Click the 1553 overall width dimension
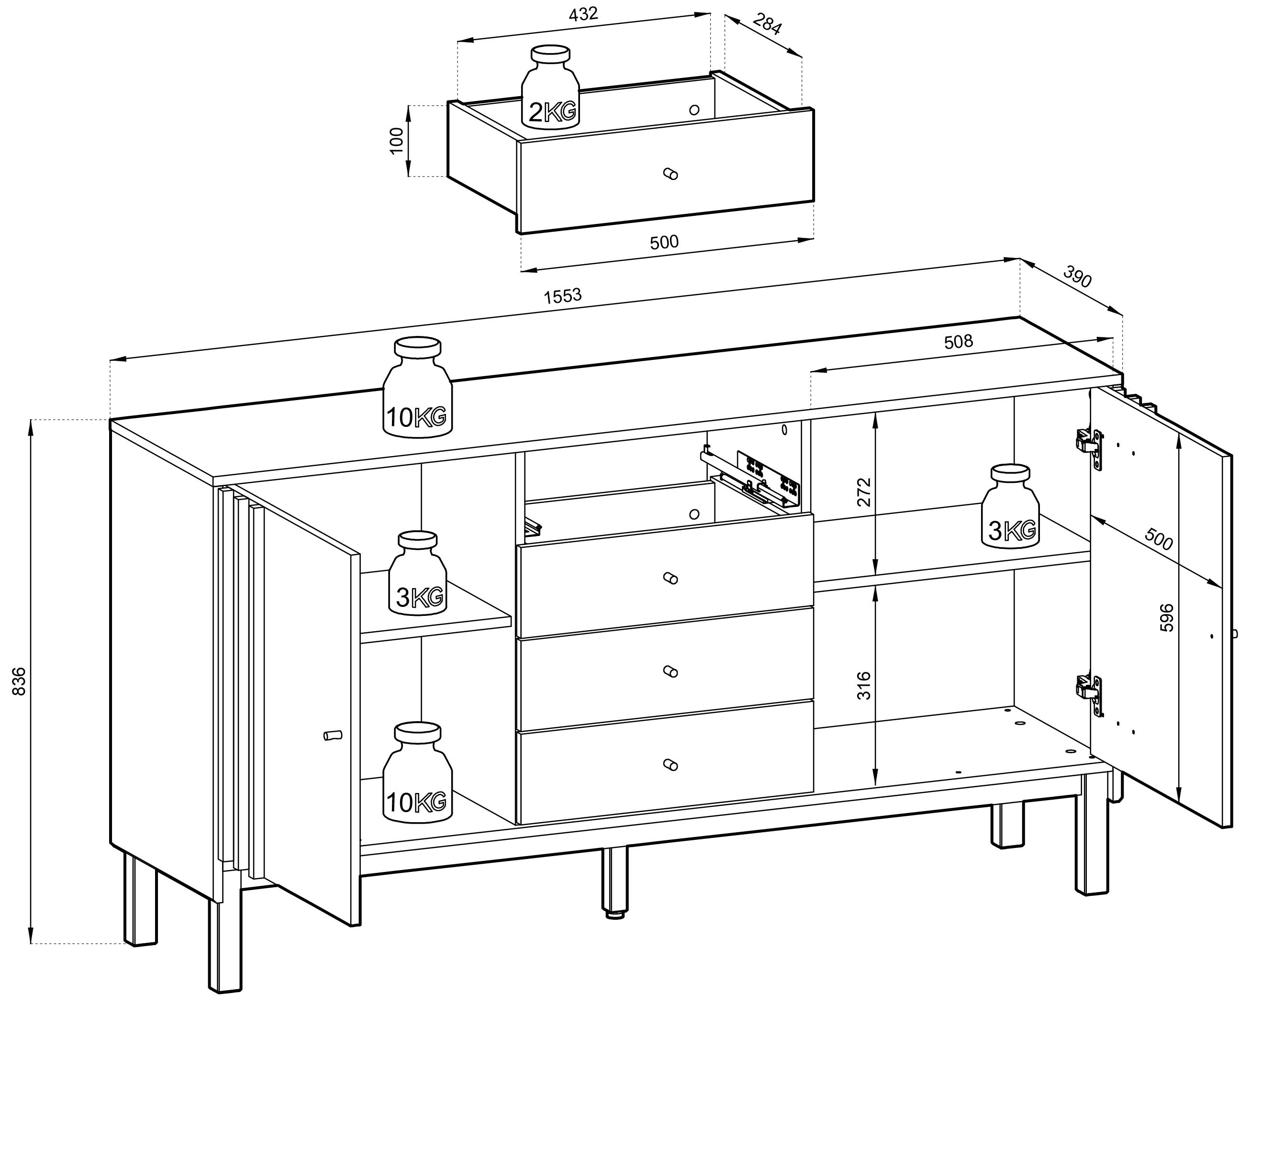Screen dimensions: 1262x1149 tap(563, 295)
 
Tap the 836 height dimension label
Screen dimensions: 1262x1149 tap(20, 681)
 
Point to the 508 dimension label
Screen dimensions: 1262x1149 tap(959, 341)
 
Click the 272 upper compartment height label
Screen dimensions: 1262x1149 tap(864, 492)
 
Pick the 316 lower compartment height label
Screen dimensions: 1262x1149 tap(864, 685)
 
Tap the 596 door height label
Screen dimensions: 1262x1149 tap(1166, 617)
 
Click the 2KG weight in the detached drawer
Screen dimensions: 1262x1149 tap(551, 87)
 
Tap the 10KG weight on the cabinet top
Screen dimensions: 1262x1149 tap(417, 387)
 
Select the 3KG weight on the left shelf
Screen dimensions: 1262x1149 tap(417, 573)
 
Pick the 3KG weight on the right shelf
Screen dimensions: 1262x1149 tap(1010, 506)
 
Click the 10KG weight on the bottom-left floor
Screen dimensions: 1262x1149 tap(417, 772)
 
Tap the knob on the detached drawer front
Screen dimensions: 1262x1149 tap(670, 173)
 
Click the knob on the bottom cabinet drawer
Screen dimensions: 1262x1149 tap(670, 764)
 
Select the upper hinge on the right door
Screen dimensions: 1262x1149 tap(1089, 449)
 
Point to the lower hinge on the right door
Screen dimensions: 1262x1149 tap(1089, 695)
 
